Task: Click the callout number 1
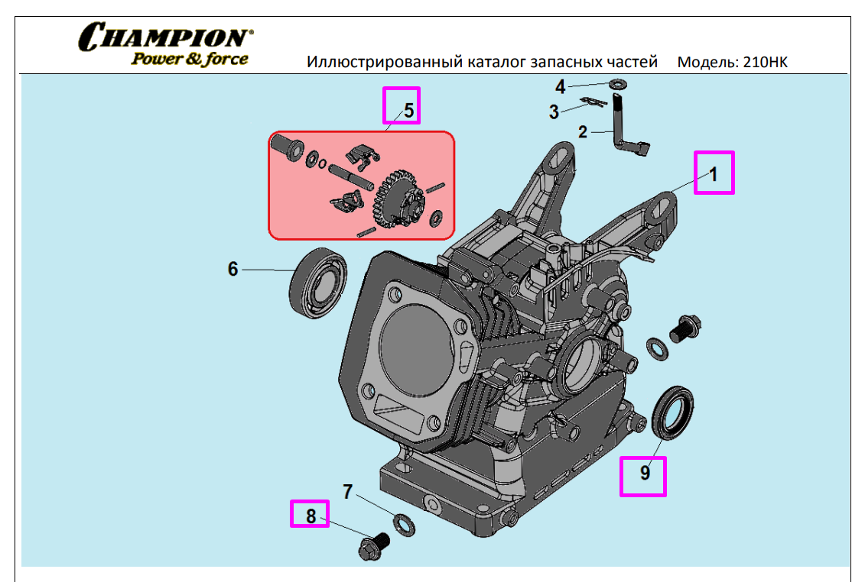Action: (714, 174)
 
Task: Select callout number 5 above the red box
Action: (408, 111)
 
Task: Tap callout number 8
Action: (311, 516)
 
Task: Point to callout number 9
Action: (645, 473)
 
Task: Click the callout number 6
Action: (233, 269)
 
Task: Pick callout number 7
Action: (347, 492)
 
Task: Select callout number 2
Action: (583, 132)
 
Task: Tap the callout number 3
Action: (554, 112)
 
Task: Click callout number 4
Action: (560, 87)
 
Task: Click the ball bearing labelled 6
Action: (317, 283)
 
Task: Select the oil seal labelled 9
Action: (672, 413)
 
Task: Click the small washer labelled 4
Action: (618, 84)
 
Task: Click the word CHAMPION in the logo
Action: (165, 37)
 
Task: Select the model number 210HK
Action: (765, 62)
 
